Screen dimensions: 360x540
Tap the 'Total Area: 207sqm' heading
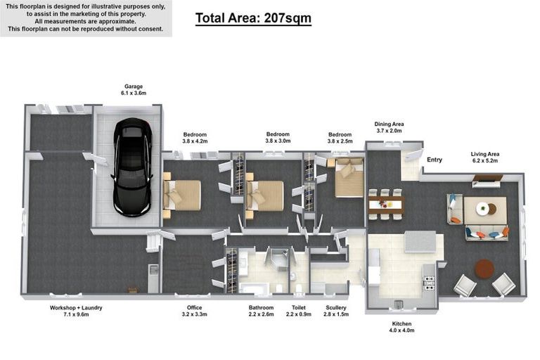point(252,19)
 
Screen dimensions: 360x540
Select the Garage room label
point(134,86)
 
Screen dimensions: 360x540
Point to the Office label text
point(194,308)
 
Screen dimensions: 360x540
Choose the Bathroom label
point(261,308)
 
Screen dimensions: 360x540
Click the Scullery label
point(335,308)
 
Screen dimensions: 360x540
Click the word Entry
point(435,160)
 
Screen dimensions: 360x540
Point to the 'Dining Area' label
point(388,124)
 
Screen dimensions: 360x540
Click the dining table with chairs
point(385,205)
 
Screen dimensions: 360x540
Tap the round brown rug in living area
point(484,268)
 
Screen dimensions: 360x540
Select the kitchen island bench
point(420,243)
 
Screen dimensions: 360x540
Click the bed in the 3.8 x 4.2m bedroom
point(183,195)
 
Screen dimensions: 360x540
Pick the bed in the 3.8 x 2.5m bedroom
point(348,179)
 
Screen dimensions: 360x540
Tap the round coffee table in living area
point(483,208)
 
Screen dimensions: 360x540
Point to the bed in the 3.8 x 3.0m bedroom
point(266,195)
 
